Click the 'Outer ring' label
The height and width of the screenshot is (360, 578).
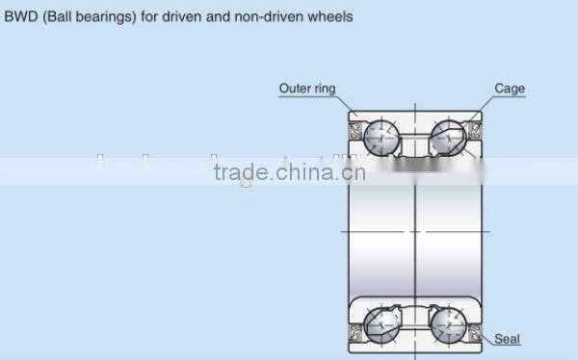click(x=307, y=89)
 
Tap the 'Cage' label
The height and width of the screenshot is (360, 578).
click(x=510, y=89)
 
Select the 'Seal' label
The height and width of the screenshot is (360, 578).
click(x=507, y=339)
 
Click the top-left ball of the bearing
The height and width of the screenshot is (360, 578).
click(x=383, y=137)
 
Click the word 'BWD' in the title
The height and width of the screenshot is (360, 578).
click(x=22, y=16)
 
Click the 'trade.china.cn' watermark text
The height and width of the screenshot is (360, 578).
click(x=288, y=174)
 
